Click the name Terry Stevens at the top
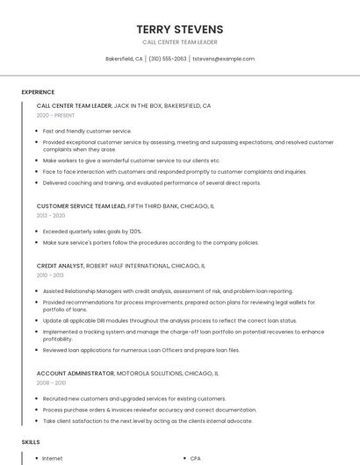180,29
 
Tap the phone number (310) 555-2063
168,59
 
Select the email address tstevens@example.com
223,59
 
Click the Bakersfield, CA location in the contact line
124,59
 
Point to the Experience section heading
38,92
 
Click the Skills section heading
31,442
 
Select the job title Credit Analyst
60,265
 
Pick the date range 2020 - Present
55,115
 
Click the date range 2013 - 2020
51,215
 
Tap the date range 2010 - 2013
51,275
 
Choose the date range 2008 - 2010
51,383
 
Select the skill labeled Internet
53,458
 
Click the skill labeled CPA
196,458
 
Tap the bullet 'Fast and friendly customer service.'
87,131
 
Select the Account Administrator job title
76,373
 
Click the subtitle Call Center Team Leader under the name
180,42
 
